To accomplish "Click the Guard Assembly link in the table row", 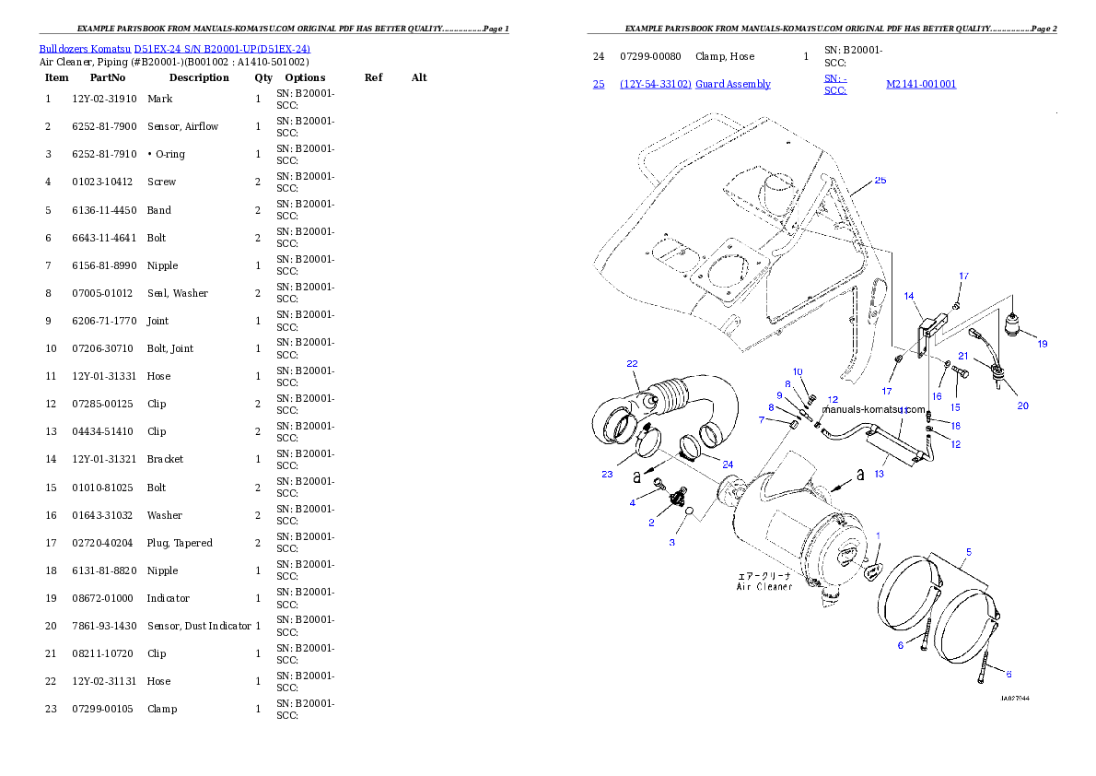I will pyautogui.click(x=732, y=84).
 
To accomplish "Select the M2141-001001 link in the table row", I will pyautogui.click(x=920, y=84).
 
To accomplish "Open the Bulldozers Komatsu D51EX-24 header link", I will pyautogui.click(x=174, y=48).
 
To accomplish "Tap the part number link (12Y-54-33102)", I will pyautogui.click(x=655, y=84).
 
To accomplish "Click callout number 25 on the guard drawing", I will pyautogui.click(x=880, y=181).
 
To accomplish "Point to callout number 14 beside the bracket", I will pyautogui.click(x=909, y=296).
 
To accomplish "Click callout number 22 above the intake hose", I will pyautogui.click(x=632, y=363).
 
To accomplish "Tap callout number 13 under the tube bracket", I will pyautogui.click(x=879, y=474).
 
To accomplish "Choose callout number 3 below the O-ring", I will pyautogui.click(x=671, y=543).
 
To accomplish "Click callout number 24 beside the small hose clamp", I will pyautogui.click(x=728, y=464).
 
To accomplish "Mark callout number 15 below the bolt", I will pyautogui.click(x=955, y=406).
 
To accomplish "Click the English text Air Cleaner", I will pyautogui.click(x=764, y=586).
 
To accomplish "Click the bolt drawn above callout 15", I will pyautogui.click(x=960, y=372).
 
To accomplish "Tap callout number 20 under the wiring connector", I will pyautogui.click(x=1022, y=406).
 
